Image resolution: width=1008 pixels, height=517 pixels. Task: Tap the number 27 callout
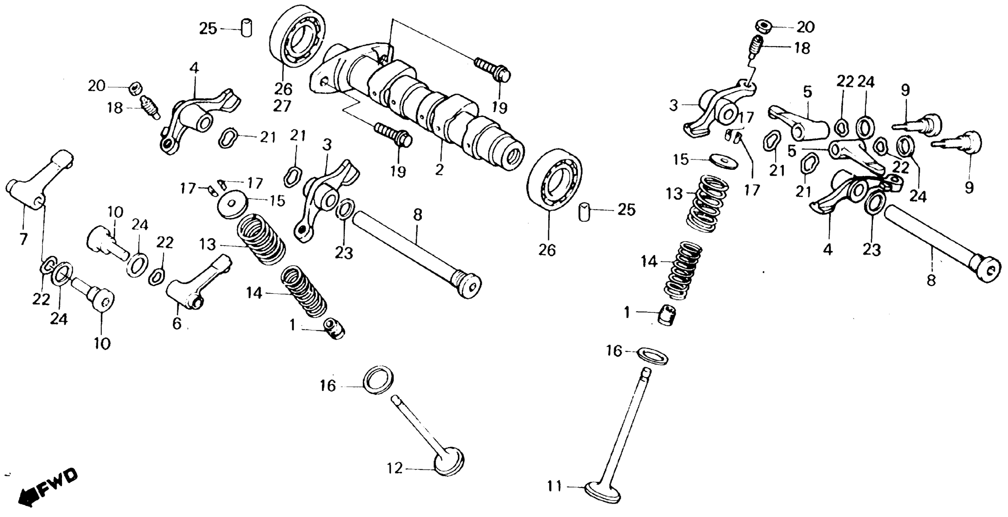[x=282, y=106]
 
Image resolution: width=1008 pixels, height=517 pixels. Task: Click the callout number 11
[x=554, y=487]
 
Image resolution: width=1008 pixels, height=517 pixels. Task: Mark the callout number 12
[x=394, y=468]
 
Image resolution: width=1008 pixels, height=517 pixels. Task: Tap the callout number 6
[x=177, y=323]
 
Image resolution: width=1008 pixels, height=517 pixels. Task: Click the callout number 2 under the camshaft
[x=439, y=170]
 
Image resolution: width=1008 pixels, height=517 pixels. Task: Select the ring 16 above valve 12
[x=378, y=380]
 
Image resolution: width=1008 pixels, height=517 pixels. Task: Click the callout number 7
[x=23, y=238]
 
